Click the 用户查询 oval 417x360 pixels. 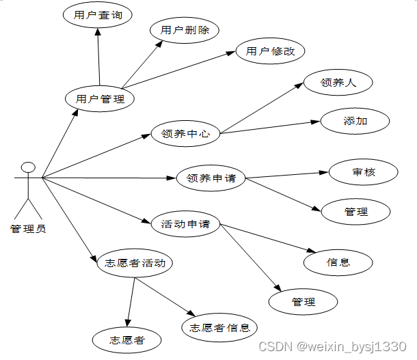tap(97, 16)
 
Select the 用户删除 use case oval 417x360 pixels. tap(185, 30)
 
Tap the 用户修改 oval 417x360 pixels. tap(270, 51)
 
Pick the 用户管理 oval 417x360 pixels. tap(100, 99)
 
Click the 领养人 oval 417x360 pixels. tap(338, 83)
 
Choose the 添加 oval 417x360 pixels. tap(355, 121)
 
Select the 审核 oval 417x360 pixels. tap(363, 172)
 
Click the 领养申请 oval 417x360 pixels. tap(211, 178)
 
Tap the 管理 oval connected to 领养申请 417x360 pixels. tap(356, 212)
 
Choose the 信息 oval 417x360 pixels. tap(338, 262)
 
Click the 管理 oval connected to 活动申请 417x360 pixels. tap(303, 301)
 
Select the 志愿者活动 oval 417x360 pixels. tap(131, 263)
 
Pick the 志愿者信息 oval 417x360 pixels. tap(219, 327)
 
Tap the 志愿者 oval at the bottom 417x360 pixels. tap(127, 340)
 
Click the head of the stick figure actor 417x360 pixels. tap(28, 167)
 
